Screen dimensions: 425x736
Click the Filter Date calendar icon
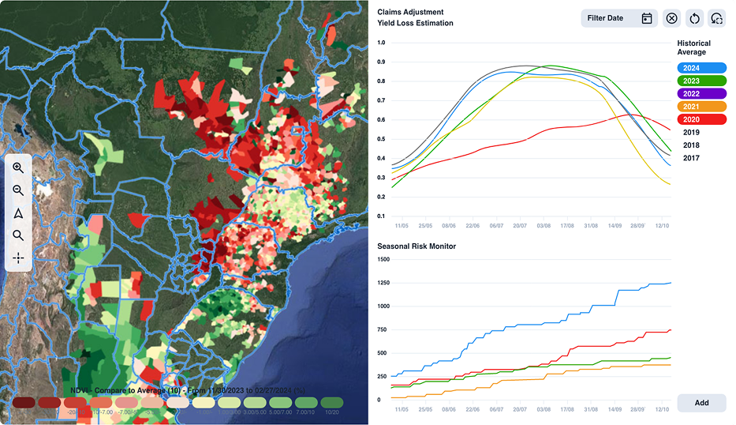click(646, 18)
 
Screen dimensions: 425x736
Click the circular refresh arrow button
click(694, 18)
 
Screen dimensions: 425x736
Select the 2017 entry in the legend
click(691, 158)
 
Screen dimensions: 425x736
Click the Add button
click(701, 403)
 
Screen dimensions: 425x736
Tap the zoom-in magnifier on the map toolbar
click(18, 168)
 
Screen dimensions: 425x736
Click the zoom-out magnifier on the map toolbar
click(18, 190)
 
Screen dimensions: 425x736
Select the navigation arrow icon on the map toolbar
click(18, 213)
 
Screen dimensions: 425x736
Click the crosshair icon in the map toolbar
click(18, 258)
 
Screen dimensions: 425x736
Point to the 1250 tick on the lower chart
click(384, 283)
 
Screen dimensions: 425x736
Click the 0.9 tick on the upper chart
click(382, 62)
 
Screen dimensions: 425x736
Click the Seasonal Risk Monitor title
click(417, 246)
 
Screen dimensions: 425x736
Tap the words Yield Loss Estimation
click(415, 24)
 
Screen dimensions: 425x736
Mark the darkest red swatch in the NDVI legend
click(23, 403)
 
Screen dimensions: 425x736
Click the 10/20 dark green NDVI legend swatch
click(332, 403)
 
